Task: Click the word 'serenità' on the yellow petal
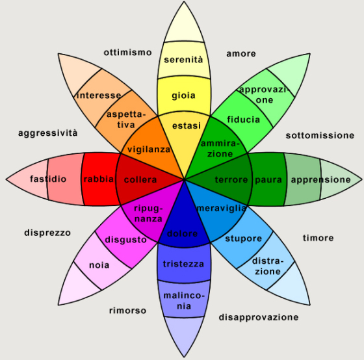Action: click(183, 60)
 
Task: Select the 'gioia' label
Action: click(183, 96)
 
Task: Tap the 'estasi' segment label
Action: click(186, 124)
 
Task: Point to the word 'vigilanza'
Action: click(149, 149)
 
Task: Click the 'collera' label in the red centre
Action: click(140, 179)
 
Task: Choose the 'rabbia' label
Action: click(99, 179)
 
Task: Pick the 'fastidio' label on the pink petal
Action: click(48, 179)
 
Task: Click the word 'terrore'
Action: click(231, 179)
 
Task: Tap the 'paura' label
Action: click(268, 179)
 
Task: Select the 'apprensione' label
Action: click(321, 179)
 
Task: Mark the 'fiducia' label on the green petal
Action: click(244, 120)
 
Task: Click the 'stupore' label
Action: click(243, 238)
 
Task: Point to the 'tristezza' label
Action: click(183, 264)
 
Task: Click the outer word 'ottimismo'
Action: click(127, 52)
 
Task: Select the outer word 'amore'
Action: click(240, 53)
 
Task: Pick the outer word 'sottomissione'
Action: click(320, 135)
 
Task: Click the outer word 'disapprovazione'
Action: click(259, 317)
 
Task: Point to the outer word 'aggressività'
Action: click(48, 133)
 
